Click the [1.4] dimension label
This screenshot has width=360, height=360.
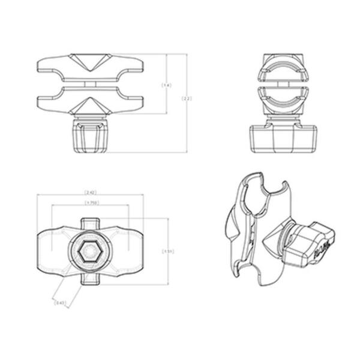[166, 85]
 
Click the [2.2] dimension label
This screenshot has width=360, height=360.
[187, 99]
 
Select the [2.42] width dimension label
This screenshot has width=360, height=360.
[89, 193]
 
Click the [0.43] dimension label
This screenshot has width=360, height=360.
[59, 304]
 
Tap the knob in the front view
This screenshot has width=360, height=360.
[89, 137]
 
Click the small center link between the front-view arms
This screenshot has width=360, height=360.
[89, 84]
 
